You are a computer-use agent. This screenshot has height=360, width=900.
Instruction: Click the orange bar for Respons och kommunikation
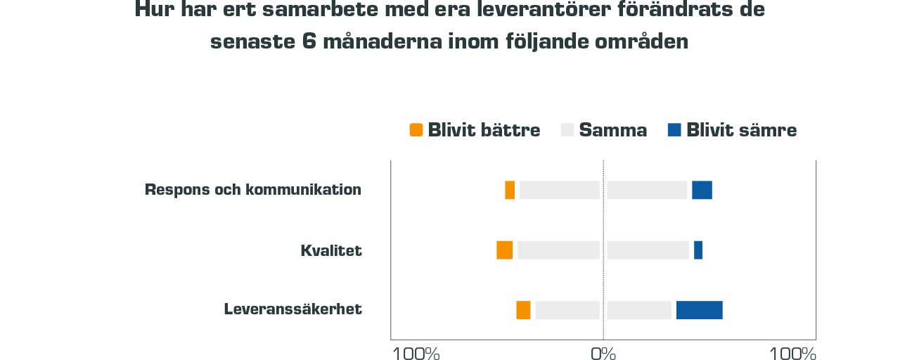click(x=510, y=190)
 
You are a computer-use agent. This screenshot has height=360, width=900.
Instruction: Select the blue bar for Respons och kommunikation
click(x=702, y=190)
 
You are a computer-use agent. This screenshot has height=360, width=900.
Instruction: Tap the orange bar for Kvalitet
click(x=504, y=250)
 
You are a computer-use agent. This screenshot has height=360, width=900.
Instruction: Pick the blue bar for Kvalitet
click(x=698, y=250)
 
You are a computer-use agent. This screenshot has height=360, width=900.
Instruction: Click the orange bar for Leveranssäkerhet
click(x=523, y=309)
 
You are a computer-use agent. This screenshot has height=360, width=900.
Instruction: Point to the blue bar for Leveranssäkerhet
click(x=699, y=309)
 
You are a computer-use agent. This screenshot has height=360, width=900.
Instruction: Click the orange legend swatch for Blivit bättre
click(x=416, y=130)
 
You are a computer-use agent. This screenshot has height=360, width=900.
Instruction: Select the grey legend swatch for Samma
click(x=567, y=130)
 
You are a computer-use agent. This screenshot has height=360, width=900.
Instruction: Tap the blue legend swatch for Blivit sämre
click(x=674, y=130)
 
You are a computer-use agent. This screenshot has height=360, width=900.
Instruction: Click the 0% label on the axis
click(x=603, y=353)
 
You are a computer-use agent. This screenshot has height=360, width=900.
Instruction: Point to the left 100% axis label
click(x=416, y=353)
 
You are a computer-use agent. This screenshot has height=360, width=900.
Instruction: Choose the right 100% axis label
click(x=792, y=353)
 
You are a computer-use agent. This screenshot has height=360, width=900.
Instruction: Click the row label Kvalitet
click(x=331, y=250)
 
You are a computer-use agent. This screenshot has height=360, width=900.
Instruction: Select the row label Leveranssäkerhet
click(x=293, y=309)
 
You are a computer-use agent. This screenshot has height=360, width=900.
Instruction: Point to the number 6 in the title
click(x=309, y=41)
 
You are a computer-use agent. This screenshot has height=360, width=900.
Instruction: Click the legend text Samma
click(x=613, y=130)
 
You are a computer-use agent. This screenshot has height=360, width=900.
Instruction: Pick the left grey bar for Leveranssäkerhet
click(x=567, y=309)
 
